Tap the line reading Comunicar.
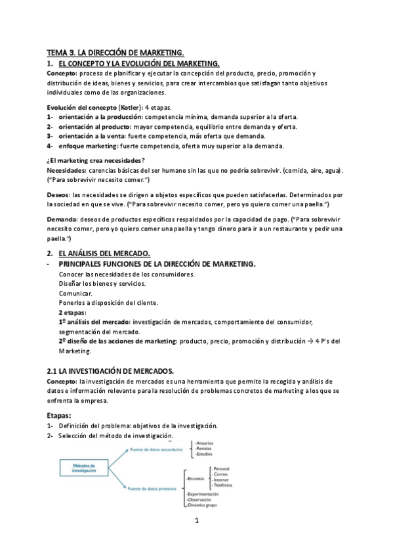point(75,293)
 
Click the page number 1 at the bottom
point(196,521)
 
